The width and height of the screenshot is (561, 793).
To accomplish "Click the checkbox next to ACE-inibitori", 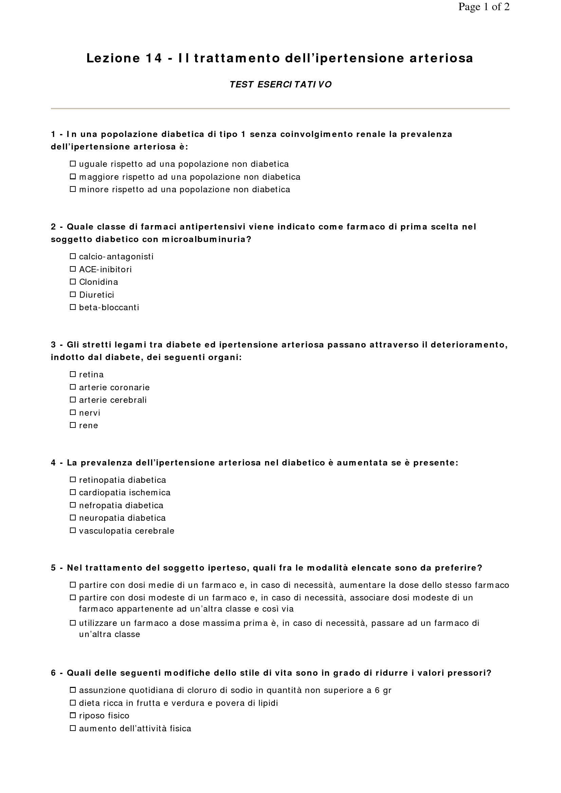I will click(73, 269).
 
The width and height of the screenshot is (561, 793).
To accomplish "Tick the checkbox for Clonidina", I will click(73, 281).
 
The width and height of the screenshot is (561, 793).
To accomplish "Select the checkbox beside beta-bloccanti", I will click(73, 307).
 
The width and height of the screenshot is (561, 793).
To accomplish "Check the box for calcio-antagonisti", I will click(73, 256).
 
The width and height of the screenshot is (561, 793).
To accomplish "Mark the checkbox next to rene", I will click(73, 425).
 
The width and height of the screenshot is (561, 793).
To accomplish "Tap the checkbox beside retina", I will click(73, 374).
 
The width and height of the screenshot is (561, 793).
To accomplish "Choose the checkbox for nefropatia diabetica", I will click(73, 505).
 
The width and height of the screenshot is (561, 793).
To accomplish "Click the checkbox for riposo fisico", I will click(73, 715).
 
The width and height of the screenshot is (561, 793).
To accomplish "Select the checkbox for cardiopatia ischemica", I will click(73, 492).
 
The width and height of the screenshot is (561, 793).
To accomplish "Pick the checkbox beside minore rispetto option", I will click(73, 189).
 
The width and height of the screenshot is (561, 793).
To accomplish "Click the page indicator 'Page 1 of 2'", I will click(484, 7).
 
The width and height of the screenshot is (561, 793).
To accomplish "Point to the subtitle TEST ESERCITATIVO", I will click(280, 85).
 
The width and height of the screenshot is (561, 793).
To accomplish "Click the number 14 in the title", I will click(153, 58).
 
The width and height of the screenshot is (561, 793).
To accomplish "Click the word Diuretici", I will click(96, 295).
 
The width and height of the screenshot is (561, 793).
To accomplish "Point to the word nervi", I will click(90, 413).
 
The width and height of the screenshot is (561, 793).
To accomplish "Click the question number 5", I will click(53, 568).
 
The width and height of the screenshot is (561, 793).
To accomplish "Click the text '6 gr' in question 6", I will click(383, 690).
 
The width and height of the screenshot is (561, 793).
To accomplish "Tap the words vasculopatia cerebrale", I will click(127, 531).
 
